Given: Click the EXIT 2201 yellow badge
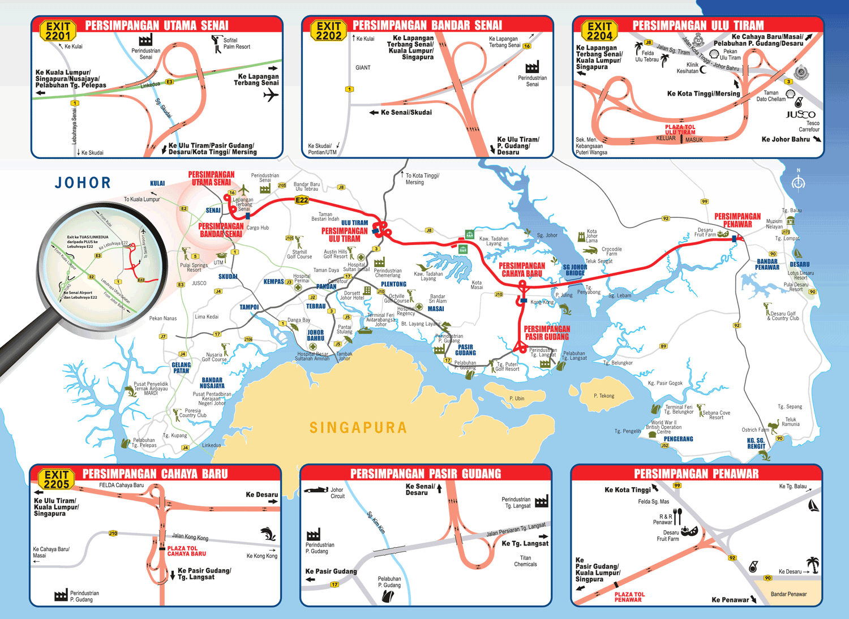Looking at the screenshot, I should click(58, 31).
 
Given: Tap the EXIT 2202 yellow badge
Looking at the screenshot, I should click(329, 31).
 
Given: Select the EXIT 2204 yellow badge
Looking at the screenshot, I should click(599, 31).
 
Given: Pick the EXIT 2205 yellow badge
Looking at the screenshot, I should click(57, 479).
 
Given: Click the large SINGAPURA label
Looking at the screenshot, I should click(358, 428).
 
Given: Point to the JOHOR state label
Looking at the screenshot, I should click(83, 183).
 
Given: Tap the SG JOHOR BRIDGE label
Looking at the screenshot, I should click(574, 270).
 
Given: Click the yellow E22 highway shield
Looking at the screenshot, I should click(302, 200).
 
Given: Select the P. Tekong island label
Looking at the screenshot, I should click(604, 396).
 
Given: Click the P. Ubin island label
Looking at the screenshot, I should click(517, 398).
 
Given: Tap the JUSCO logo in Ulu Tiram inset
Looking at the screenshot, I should click(800, 115).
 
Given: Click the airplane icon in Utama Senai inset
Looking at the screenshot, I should click(271, 94).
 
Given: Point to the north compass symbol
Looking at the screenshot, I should click(799, 182).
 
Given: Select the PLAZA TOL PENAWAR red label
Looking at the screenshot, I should click(629, 597).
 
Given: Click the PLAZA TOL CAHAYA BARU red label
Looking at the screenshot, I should click(186, 551).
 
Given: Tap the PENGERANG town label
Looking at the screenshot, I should click(678, 439).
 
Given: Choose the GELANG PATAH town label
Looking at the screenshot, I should click(181, 368).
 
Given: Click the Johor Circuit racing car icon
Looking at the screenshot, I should click(316, 489).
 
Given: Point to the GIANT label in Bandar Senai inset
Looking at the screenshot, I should click(363, 68).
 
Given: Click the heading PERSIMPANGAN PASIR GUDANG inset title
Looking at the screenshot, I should click(426, 474).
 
